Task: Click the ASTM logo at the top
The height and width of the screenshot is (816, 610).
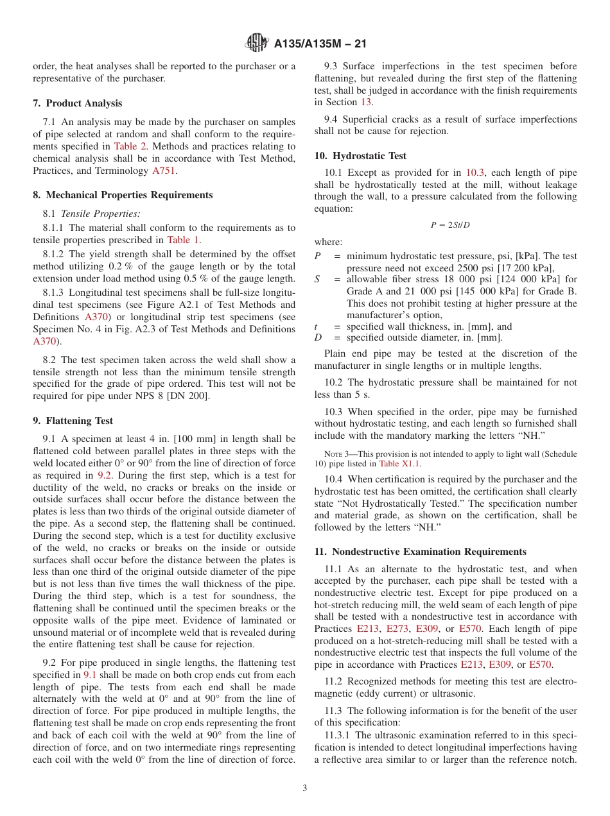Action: [x=257, y=44]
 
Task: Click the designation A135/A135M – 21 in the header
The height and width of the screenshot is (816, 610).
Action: [x=320, y=44]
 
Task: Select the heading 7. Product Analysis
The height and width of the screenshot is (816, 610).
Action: [x=77, y=103]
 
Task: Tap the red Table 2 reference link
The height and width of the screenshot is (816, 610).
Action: [x=130, y=146]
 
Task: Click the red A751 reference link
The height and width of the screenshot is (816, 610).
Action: [x=163, y=171]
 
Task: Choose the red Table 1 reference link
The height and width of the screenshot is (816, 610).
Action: [x=183, y=240]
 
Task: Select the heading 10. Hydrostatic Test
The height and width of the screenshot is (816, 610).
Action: [x=360, y=156]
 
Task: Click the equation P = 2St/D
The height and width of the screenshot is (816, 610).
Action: [x=446, y=225]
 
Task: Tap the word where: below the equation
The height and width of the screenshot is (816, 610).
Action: [x=328, y=242]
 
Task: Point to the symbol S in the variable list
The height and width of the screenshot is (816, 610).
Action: [x=317, y=279]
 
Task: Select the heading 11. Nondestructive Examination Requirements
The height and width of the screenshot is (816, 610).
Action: [x=420, y=552]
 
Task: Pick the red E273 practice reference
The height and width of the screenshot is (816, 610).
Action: [x=397, y=629]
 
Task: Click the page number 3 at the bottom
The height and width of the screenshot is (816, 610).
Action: [x=305, y=788]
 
